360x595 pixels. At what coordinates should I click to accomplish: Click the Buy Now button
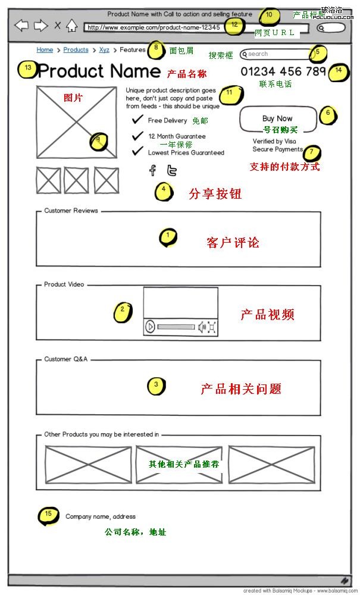click(277, 118)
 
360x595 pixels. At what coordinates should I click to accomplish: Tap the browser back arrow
click(21, 25)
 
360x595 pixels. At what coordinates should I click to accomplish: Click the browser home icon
click(71, 25)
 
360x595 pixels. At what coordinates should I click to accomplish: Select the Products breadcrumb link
click(76, 50)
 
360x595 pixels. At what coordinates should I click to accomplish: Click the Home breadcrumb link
click(45, 50)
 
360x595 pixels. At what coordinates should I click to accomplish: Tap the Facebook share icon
click(152, 171)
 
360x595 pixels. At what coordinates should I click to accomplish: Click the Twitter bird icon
click(171, 171)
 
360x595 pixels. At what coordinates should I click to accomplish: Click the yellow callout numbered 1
click(168, 237)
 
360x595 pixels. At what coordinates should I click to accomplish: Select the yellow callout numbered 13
click(27, 69)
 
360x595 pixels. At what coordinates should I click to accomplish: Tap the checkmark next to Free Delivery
click(137, 121)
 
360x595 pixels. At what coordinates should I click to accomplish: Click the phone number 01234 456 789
click(283, 72)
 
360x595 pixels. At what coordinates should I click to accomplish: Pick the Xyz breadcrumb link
click(104, 50)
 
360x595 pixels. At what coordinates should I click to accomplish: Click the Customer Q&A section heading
click(66, 359)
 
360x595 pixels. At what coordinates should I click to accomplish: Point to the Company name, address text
click(101, 516)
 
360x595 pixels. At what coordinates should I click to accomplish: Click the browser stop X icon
click(58, 25)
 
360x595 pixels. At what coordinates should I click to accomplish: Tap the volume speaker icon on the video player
click(202, 326)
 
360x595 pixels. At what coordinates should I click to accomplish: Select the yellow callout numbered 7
click(312, 153)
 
